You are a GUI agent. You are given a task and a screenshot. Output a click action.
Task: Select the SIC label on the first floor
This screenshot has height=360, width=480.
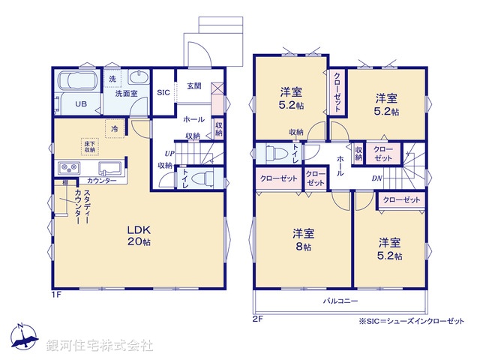click(x=163, y=93)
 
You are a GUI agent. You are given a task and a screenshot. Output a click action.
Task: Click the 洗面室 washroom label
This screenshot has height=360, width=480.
click(x=125, y=93)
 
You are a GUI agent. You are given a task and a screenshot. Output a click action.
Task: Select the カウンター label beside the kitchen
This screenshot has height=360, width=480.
click(x=101, y=181)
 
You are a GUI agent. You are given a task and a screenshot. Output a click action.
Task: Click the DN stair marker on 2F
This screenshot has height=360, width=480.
click(x=378, y=178)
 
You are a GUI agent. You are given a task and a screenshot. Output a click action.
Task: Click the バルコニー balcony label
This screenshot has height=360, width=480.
click(x=340, y=301)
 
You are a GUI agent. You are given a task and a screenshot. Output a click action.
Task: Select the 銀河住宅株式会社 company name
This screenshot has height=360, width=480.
click(x=100, y=346)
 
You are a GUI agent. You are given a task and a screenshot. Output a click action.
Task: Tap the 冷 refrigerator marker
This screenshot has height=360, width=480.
click(x=114, y=128)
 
